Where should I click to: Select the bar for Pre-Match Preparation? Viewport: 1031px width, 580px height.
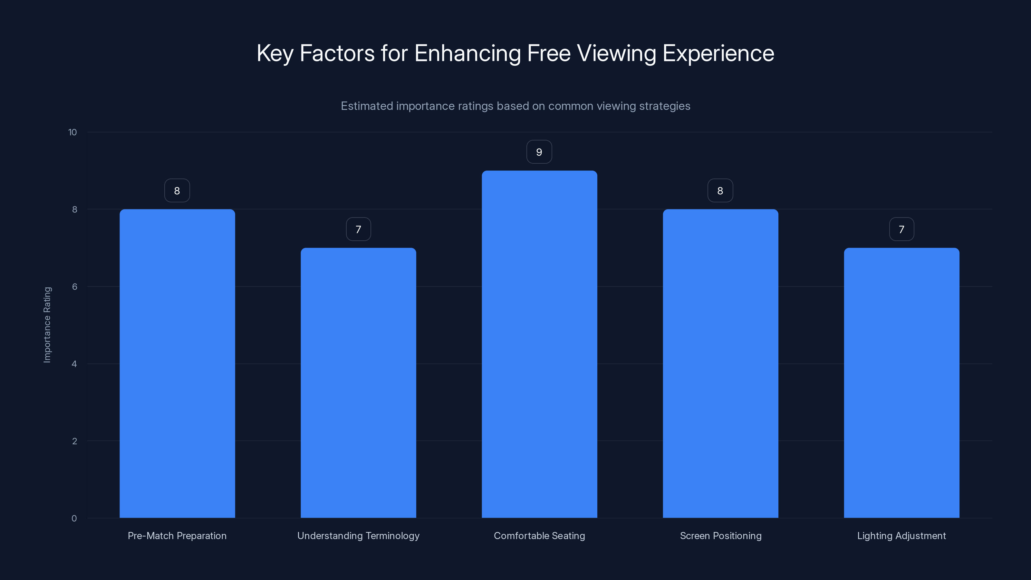pyautogui.click(x=177, y=363)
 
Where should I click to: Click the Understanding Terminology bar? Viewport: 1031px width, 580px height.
pyautogui.click(x=358, y=383)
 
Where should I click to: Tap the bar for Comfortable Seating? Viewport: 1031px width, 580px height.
pyautogui.click(x=539, y=344)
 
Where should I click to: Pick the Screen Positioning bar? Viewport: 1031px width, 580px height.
pyautogui.click(x=720, y=363)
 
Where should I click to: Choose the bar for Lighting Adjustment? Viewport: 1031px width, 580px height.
pyautogui.click(x=901, y=383)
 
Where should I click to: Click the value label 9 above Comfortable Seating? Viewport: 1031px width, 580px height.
pyautogui.click(x=539, y=152)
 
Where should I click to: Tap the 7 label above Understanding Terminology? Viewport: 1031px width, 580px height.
pyautogui.click(x=358, y=229)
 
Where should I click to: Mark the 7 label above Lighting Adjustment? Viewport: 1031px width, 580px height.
pyautogui.click(x=901, y=229)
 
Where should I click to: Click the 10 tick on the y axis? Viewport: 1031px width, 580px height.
pyautogui.click(x=72, y=132)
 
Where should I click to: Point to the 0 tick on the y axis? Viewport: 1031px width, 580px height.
pyautogui.click(x=74, y=518)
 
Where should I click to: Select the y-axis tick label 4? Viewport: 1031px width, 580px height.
pyautogui.click(x=74, y=364)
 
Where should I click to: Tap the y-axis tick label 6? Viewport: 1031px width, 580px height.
pyautogui.click(x=74, y=286)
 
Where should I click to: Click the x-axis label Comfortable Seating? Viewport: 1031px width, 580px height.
pyautogui.click(x=539, y=536)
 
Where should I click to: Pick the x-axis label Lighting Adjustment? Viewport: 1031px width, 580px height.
pyautogui.click(x=901, y=536)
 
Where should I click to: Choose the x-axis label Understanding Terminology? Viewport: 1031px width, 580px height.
pyautogui.click(x=358, y=536)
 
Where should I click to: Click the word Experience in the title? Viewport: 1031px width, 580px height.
pyautogui.click(x=718, y=53)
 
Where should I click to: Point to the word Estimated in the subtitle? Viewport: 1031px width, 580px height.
pyautogui.click(x=367, y=106)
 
